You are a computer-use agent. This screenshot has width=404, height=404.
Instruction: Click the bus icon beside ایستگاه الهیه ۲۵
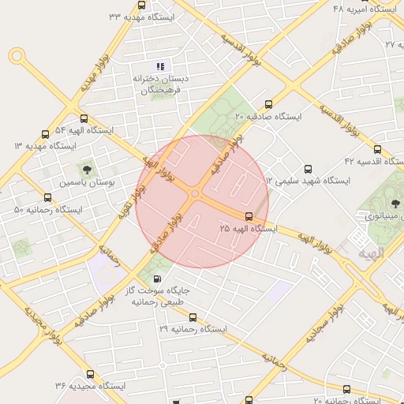click(249, 215)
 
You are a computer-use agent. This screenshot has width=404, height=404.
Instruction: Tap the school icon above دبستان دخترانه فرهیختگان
click(160, 67)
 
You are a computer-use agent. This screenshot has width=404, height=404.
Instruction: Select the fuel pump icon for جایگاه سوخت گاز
click(159, 278)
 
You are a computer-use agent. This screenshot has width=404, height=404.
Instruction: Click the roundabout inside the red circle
click(194, 193)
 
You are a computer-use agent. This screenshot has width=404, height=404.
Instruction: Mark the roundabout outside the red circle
click(17, 56)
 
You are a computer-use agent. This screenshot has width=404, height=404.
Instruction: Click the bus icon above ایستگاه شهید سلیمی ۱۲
click(308, 167)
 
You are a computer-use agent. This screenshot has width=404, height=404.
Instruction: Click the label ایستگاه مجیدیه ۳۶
click(91, 386)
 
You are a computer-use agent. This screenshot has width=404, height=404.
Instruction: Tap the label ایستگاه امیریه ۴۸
click(364, 9)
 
